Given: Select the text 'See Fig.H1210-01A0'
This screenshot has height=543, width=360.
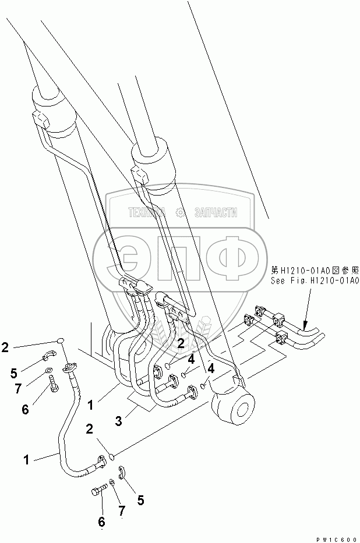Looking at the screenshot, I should pyautogui.click(x=314, y=281).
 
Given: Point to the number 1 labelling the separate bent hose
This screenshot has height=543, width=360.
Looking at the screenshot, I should pyautogui.click(x=26, y=460).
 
